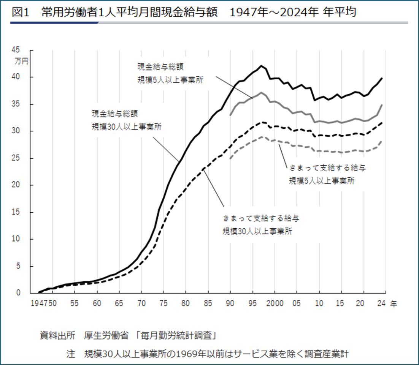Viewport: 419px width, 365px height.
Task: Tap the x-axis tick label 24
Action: (x=381, y=304)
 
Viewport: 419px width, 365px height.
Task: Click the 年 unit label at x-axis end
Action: (x=393, y=304)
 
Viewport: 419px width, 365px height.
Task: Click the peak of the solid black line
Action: (x=261, y=66)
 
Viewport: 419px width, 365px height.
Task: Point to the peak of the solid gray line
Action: (x=261, y=92)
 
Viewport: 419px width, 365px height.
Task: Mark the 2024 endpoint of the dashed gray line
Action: (x=381, y=141)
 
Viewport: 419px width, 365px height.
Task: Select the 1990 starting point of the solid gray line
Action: (x=230, y=115)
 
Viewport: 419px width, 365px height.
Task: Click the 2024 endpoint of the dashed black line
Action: (x=381, y=123)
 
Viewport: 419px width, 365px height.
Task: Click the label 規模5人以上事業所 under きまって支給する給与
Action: (x=322, y=181)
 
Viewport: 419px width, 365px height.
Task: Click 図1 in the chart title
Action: (x=21, y=13)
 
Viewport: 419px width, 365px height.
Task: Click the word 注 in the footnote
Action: (x=71, y=354)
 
